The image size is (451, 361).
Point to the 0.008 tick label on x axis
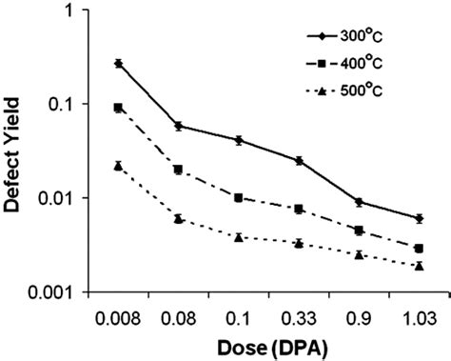[x=118, y=314]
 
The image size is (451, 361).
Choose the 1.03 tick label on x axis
[x=419, y=314]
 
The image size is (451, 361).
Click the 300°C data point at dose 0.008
[x=118, y=63]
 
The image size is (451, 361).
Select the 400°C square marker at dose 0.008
[x=118, y=108]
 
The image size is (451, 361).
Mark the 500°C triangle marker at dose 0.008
[x=118, y=165]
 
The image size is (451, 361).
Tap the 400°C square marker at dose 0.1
[x=239, y=197]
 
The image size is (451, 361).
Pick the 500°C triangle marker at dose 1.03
[x=419, y=266]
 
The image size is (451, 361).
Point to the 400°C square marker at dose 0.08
[x=179, y=170]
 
